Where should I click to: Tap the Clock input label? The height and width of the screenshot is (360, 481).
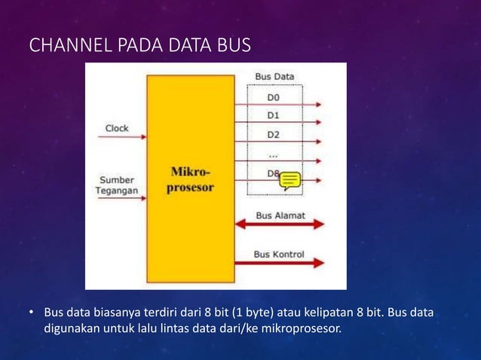117,128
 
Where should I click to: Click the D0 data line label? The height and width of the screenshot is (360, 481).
272,97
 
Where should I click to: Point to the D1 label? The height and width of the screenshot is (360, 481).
272,115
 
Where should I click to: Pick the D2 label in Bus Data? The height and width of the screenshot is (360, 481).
272,134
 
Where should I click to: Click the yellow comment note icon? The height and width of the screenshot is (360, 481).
290,180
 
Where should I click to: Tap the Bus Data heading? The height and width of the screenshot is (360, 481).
274,76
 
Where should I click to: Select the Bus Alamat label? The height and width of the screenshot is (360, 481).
280,215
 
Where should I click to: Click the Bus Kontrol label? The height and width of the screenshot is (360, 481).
279,254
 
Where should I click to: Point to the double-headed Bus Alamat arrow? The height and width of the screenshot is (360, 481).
280,224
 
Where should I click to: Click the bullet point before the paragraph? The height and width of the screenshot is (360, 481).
32,313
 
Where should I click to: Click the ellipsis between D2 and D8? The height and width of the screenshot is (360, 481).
272,154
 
